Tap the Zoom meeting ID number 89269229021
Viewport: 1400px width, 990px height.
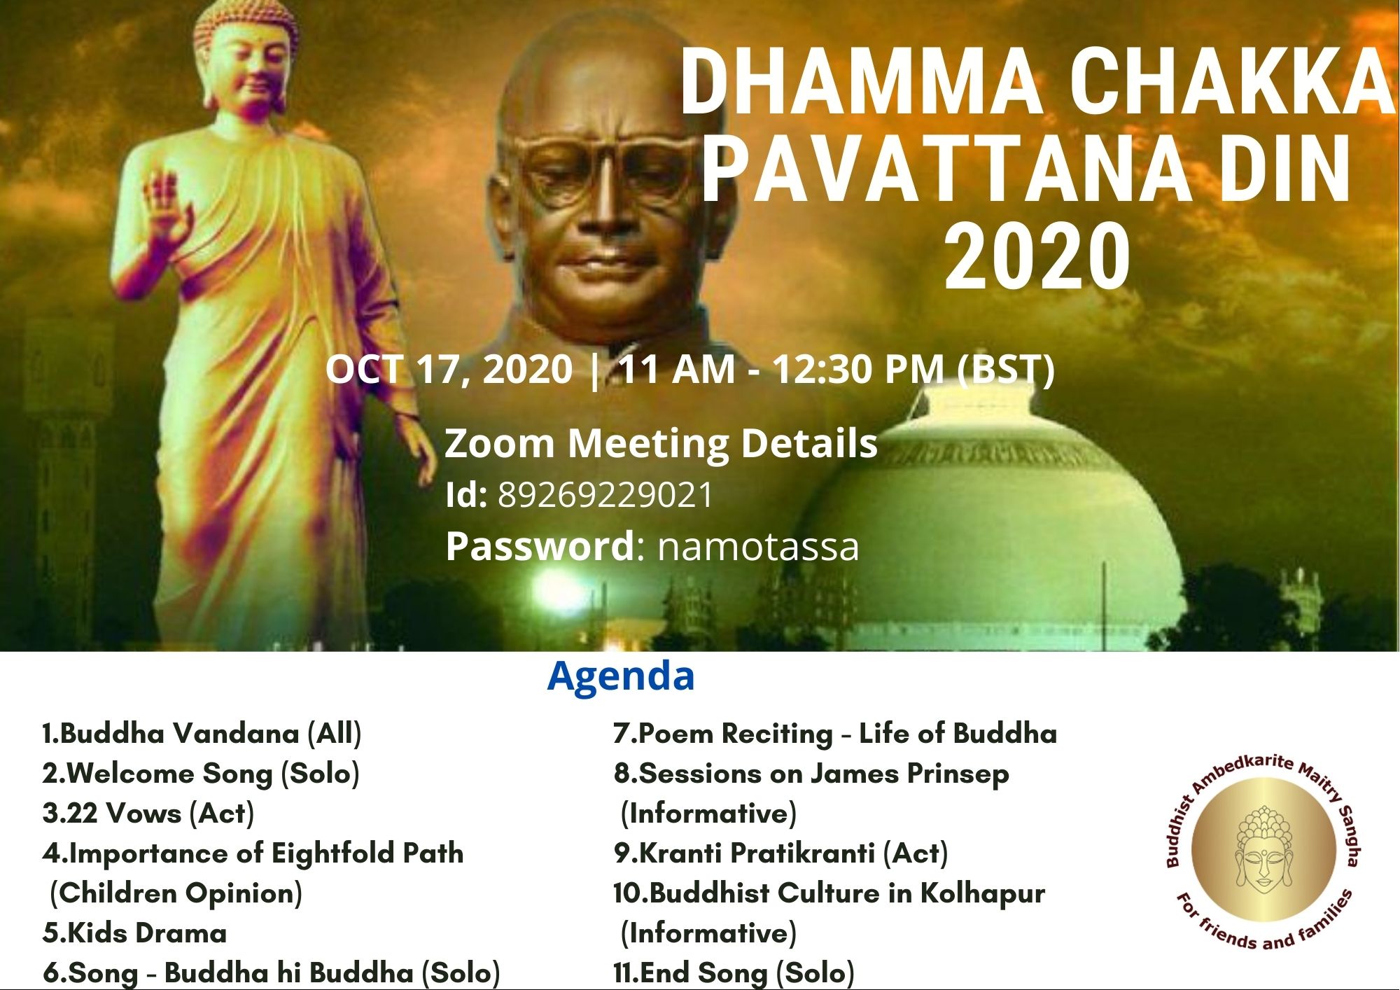605,495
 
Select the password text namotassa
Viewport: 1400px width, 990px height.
758,547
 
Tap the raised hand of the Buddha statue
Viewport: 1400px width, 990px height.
168,200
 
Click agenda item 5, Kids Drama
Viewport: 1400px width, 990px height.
134,933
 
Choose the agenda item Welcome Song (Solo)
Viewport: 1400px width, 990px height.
201,774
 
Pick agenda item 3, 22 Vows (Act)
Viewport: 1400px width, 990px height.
148,814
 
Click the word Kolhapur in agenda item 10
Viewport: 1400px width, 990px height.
982,893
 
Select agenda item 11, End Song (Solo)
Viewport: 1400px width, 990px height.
734,973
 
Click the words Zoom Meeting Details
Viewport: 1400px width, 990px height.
661,443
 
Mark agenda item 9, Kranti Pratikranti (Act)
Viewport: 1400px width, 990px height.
780,853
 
